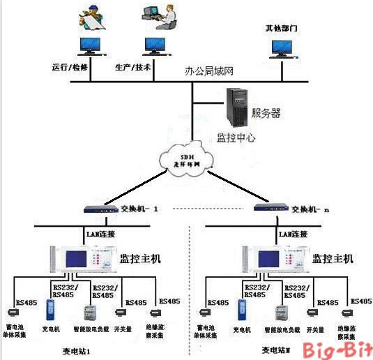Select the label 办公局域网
point(208,71)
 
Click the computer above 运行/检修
point(89,46)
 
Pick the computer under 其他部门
point(282,47)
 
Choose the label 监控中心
point(236,137)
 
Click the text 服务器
point(266,111)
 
